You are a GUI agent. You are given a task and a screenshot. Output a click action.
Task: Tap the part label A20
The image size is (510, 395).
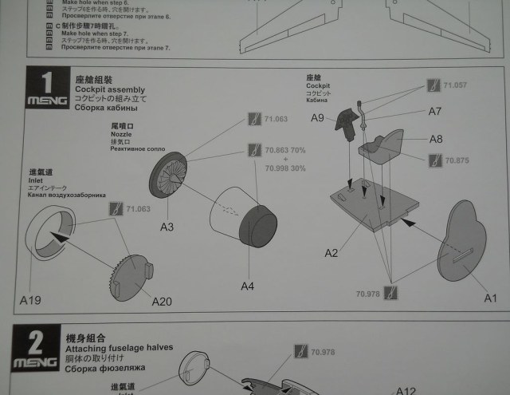[161, 301]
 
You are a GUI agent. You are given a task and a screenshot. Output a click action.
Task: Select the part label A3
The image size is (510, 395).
[167, 227]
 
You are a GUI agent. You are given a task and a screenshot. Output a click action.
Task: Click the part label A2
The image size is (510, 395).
[331, 253]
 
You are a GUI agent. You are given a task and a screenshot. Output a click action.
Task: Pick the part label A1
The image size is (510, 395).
[489, 298]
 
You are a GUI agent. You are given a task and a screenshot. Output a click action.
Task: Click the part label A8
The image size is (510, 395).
[436, 138]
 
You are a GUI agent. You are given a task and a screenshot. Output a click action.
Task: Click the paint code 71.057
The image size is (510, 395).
[455, 85]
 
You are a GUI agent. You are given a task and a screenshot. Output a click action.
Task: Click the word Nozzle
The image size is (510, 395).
[120, 136]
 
